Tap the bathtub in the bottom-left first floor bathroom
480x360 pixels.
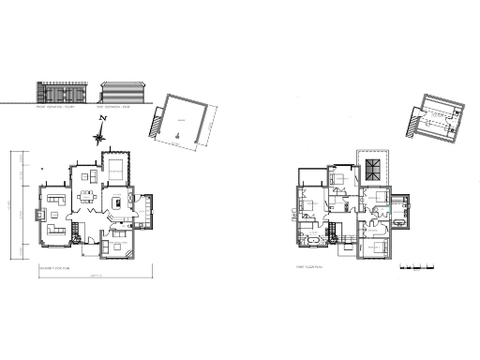pos(309,242)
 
